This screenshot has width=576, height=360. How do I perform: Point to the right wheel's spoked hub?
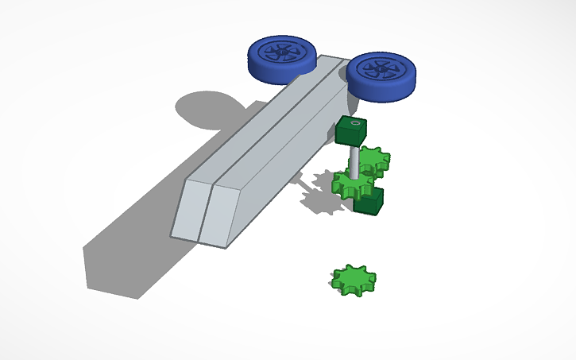pyautogui.click(x=381, y=69)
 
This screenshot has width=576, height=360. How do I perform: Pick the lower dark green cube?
pyautogui.click(x=369, y=201)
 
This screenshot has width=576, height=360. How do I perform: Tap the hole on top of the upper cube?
pyautogui.click(x=354, y=123)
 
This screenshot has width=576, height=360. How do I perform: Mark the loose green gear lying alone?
pyautogui.click(x=354, y=280)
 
